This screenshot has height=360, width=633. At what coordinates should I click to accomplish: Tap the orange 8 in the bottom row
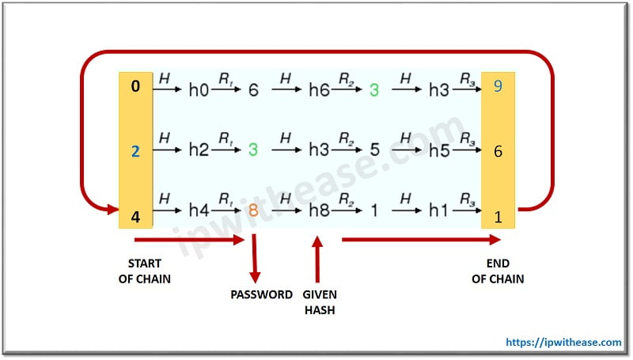[x=253, y=210]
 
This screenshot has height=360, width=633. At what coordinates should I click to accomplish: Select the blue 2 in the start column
[x=135, y=150]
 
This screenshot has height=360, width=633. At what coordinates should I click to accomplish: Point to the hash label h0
[x=198, y=90]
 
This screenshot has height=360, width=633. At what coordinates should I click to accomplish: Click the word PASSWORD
[x=261, y=294]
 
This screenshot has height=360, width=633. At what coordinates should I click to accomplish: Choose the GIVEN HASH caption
[x=320, y=302]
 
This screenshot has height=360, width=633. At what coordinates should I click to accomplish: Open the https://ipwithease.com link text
[x=564, y=342]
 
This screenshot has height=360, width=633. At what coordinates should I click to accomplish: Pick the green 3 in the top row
[x=374, y=90]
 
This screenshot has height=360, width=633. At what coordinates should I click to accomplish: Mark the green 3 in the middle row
[x=253, y=150]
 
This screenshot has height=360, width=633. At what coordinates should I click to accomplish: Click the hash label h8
[x=318, y=210]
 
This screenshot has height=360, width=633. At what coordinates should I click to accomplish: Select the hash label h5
[x=438, y=150]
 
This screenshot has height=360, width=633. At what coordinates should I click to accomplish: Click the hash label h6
[x=318, y=90]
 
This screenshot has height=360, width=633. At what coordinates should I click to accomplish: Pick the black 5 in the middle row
[x=374, y=150]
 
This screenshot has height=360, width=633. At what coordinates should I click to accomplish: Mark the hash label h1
[x=438, y=210]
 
